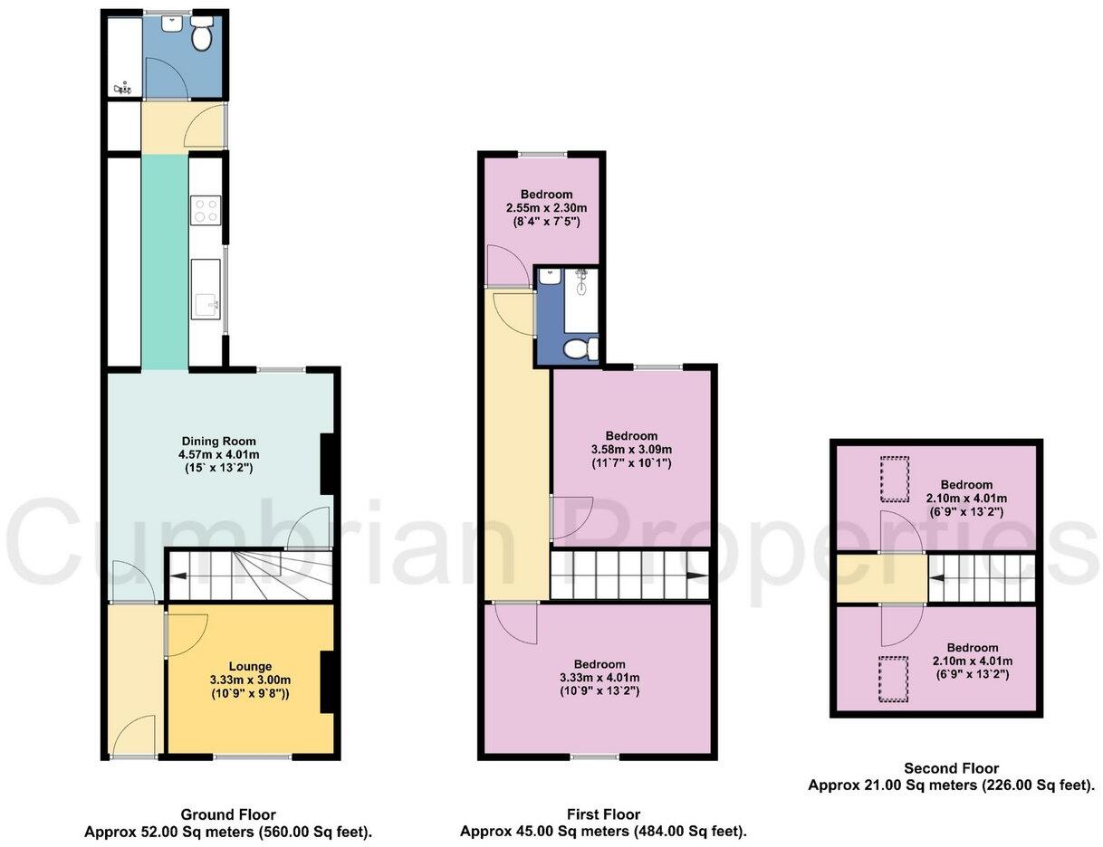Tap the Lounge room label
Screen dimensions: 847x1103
tap(250, 666)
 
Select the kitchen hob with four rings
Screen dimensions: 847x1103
tap(206, 210)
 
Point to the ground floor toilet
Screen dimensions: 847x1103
tap(201, 36)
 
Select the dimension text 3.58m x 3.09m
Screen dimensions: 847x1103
tap(632, 450)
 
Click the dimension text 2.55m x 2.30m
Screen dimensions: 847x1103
tap(546, 208)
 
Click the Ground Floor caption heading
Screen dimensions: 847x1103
tap(228, 814)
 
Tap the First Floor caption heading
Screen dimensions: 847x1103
tap(603, 814)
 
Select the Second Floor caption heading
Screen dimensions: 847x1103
tap(951, 768)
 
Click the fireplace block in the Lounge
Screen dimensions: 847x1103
tap(329, 680)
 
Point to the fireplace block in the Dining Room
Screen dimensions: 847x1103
tap(329, 463)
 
